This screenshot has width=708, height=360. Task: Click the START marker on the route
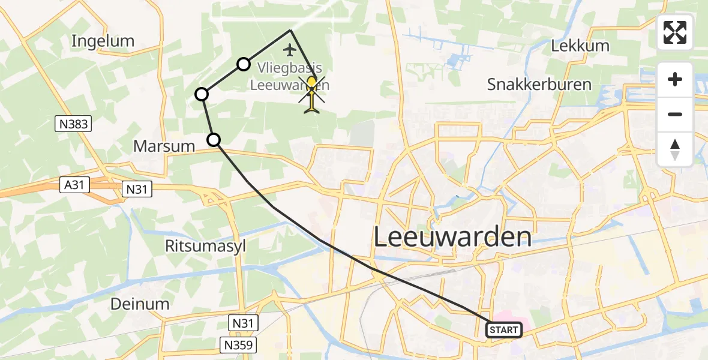pyautogui.click(x=503, y=329)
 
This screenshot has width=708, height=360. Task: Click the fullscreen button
pyautogui.click(x=675, y=32)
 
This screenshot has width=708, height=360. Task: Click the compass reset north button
pyautogui.click(x=675, y=149)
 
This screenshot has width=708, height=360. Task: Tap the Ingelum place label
pyautogui.click(x=103, y=41)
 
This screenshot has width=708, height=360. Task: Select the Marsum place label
pyautogui.click(x=164, y=146)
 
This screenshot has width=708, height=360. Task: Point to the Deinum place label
pyautogui.click(x=140, y=304)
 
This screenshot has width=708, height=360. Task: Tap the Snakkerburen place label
pyautogui.click(x=539, y=84)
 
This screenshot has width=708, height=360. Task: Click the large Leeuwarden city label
pyautogui.click(x=452, y=238)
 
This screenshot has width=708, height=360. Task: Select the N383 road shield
pyautogui.click(x=74, y=124)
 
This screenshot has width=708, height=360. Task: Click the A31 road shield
pyautogui.click(x=74, y=185)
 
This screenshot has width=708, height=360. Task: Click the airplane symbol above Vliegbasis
pyautogui.click(x=290, y=49)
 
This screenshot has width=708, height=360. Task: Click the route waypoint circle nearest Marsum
pyautogui.click(x=214, y=140)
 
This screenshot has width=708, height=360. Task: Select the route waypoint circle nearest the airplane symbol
pyautogui.click(x=243, y=64)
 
